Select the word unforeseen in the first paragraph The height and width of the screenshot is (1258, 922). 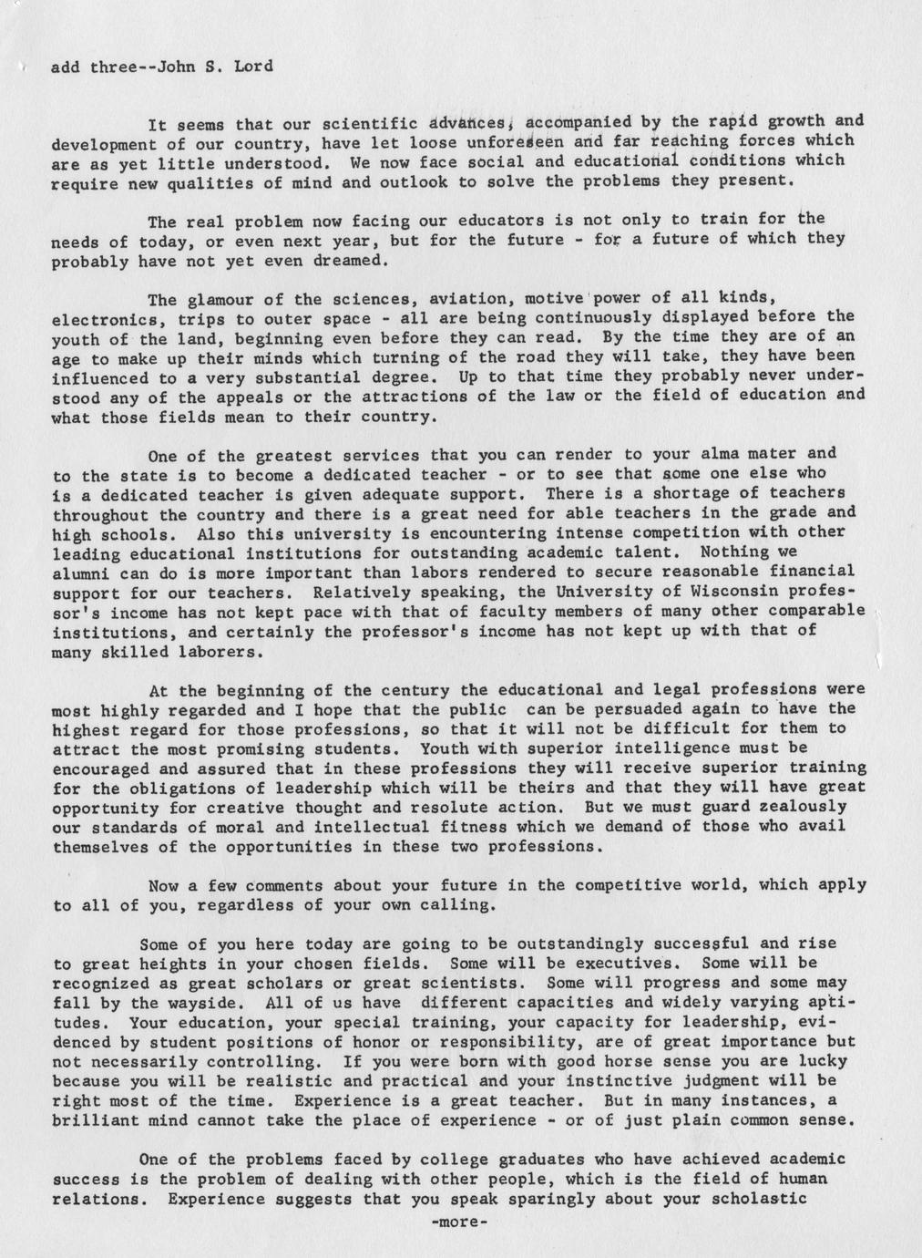[515, 140]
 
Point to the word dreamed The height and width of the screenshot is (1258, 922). [352, 260]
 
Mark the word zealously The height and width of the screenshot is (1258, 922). [803, 807]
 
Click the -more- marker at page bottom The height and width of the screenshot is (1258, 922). [459, 1221]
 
